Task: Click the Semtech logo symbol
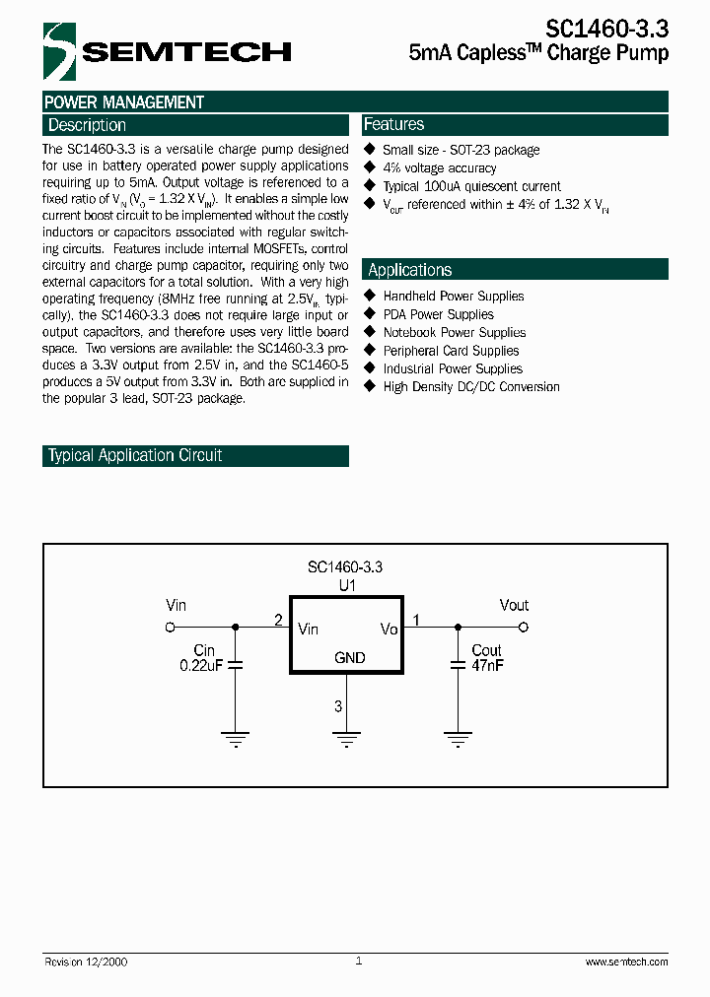pyautogui.click(x=59, y=51)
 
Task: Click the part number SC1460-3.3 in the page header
pyautogui.click(x=605, y=30)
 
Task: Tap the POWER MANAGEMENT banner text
pyautogui.click(x=124, y=102)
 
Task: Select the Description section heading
pyautogui.click(x=87, y=125)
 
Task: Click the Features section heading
pyautogui.click(x=393, y=124)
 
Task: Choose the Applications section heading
pyautogui.click(x=409, y=270)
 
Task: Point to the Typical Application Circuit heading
pyautogui.click(x=135, y=455)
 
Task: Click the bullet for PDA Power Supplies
pyautogui.click(x=371, y=314)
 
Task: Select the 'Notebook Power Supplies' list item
pyautogui.click(x=455, y=333)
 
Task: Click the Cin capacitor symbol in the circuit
pyautogui.click(x=235, y=666)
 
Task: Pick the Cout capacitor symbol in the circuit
pyautogui.click(x=457, y=666)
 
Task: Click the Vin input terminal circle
pyautogui.click(x=170, y=627)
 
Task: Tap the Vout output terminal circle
pyautogui.click(x=524, y=627)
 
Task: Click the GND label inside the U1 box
pyautogui.click(x=350, y=658)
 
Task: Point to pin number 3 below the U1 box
pyautogui.click(x=338, y=705)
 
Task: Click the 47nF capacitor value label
pyautogui.click(x=487, y=666)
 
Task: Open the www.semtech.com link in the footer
pyautogui.click(x=626, y=962)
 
